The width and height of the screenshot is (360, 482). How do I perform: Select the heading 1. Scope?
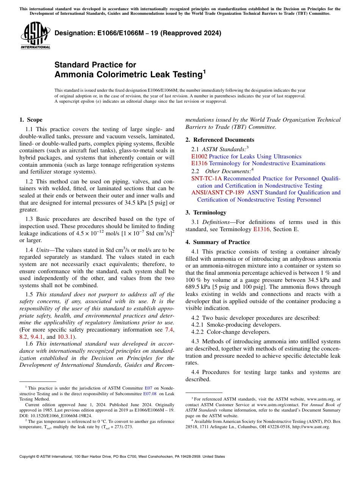(31, 120)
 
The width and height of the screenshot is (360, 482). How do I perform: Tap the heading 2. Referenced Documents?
(220, 140)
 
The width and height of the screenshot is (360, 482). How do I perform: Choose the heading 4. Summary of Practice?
(218, 242)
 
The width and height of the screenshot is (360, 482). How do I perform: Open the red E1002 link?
(199, 156)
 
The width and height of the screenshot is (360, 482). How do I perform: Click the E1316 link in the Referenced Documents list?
(199, 163)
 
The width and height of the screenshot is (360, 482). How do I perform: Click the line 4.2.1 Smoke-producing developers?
(236, 325)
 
